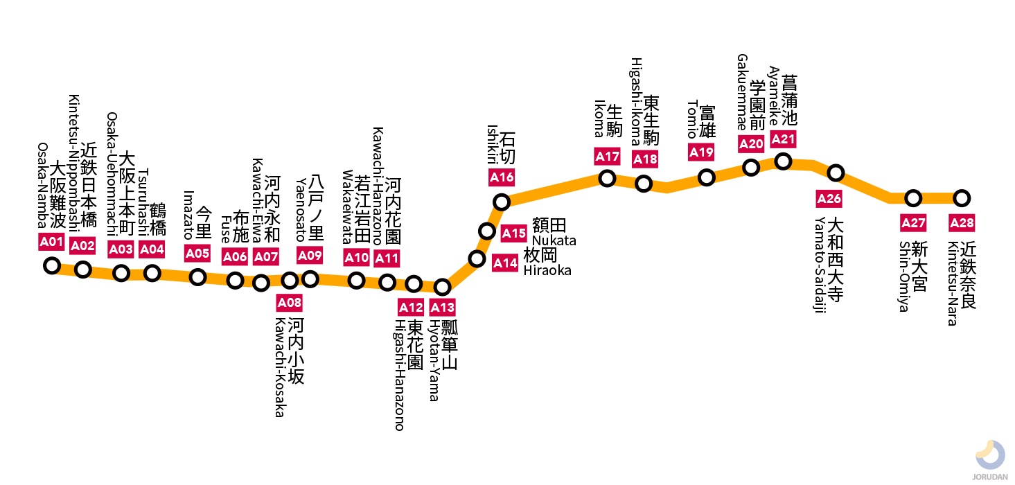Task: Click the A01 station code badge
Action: point(51,242)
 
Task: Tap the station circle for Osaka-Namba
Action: point(52,265)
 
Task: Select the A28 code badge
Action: point(961,223)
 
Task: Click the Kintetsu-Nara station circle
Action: point(961,198)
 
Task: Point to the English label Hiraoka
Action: point(547,270)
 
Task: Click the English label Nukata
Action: point(554,240)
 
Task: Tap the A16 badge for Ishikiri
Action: point(502,177)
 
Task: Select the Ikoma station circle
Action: point(607,179)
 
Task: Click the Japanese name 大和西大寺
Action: point(836,259)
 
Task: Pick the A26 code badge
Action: point(829,200)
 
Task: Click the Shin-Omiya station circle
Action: point(913,198)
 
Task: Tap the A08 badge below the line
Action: point(290,302)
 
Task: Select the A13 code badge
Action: point(442,307)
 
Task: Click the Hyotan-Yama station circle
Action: point(442,287)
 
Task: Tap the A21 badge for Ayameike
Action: point(783,139)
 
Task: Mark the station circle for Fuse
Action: point(236,281)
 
